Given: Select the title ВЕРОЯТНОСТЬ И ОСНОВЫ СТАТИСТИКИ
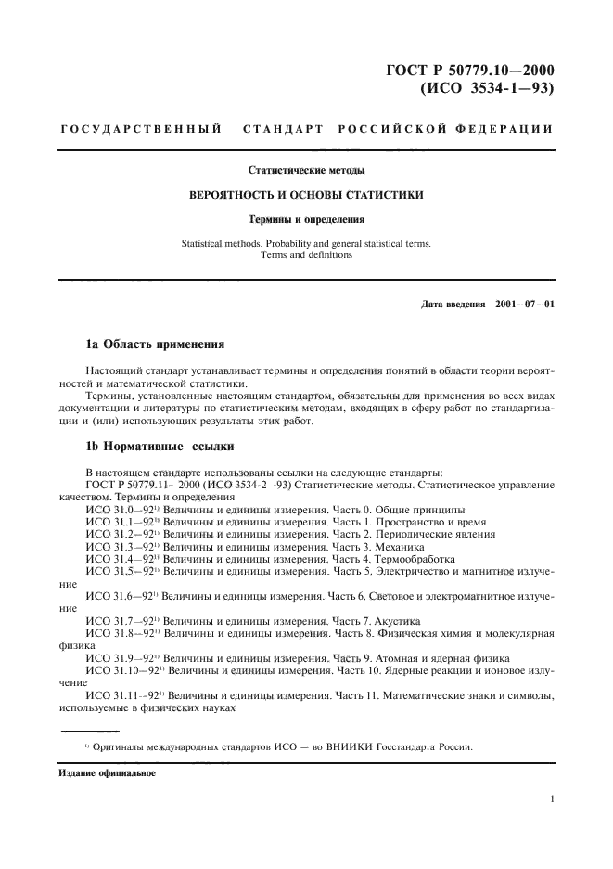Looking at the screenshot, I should click(x=307, y=196).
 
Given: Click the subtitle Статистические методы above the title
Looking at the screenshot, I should click(x=307, y=171).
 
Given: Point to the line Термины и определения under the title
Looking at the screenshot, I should click(x=307, y=221).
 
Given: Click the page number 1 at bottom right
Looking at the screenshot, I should click(x=551, y=798).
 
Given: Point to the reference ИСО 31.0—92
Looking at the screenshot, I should click(x=121, y=510).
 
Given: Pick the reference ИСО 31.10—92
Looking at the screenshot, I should click(x=123, y=668).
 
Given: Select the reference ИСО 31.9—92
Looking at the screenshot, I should click(x=121, y=656).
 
